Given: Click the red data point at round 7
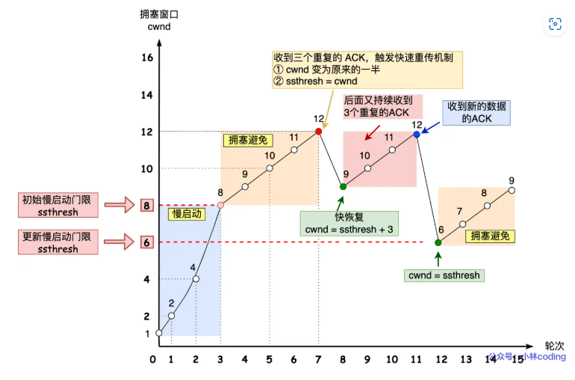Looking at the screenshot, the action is point(319,132).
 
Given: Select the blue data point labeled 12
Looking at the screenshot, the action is point(417,135).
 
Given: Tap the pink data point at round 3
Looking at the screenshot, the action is point(220,204).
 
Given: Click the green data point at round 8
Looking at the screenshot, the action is point(343,186).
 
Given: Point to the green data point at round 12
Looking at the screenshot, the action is point(439,242).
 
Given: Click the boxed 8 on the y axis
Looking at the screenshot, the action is point(147,205).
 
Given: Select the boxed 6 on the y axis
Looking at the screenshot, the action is point(147,242).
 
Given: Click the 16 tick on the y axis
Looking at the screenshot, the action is point(146,58).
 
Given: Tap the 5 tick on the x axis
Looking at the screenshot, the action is point(269,360).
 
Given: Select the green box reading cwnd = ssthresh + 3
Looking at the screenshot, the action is point(348,223).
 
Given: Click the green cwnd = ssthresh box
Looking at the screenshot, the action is point(444,275).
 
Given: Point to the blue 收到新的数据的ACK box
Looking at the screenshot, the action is point(477,113).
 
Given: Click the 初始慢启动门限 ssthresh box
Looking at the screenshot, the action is point(57,205).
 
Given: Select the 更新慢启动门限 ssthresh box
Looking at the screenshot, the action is point(57,242).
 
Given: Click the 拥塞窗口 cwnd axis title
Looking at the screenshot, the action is point(160,21).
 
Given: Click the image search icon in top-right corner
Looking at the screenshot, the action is point(555,24).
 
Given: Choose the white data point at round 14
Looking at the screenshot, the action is point(488,205).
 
